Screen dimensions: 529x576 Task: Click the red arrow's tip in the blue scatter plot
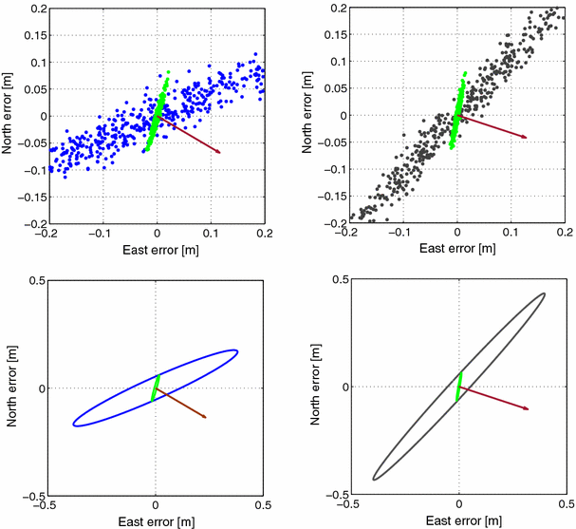point(219,152)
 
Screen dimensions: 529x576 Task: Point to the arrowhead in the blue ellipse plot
point(204,416)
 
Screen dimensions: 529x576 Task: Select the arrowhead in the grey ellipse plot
point(527,409)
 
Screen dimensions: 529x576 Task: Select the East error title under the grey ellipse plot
point(459,521)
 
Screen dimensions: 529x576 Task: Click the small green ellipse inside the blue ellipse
point(156,387)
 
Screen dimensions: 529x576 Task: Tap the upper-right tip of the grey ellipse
point(544,293)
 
